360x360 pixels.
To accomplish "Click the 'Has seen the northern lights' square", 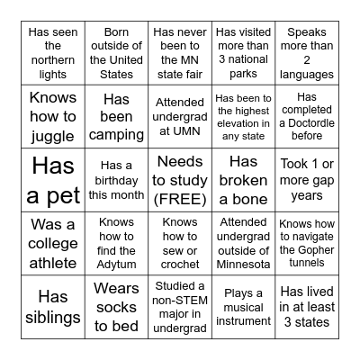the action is pos(51,51).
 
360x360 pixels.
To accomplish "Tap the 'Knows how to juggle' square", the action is pos(51,114).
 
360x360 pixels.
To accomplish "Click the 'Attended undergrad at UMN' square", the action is pos(180,114).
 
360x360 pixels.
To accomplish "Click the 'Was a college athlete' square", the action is pos(51,241).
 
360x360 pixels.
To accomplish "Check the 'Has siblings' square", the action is pos(51,306).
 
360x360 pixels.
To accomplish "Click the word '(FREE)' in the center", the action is pos(180,199).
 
